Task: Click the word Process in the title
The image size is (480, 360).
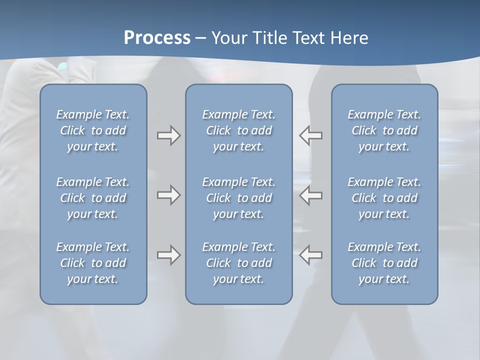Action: coord(157,38)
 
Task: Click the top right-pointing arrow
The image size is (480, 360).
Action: coord(168,135)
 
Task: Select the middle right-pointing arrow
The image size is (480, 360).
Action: coord(168,195)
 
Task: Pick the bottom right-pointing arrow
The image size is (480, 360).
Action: coord(168,255)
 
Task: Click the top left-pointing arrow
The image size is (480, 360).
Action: coord(310,135)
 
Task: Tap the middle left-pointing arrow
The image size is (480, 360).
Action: coord(310,195)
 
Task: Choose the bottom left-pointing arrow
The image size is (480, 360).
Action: coord(310,255)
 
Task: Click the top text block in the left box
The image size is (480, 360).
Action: coord(93,130)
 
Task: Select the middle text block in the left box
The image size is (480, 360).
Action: coord(93,198)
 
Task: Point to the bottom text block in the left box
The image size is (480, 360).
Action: coord(93,263)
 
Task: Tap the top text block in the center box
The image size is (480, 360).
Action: coord(238,130)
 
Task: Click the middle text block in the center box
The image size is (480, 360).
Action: coord(238,198)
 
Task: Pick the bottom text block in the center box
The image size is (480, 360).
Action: coord(238,263)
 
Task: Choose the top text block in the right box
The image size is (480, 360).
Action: coord(384,130)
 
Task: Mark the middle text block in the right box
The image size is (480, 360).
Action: coord(384,198)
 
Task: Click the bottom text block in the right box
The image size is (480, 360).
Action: coord(384,263)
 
